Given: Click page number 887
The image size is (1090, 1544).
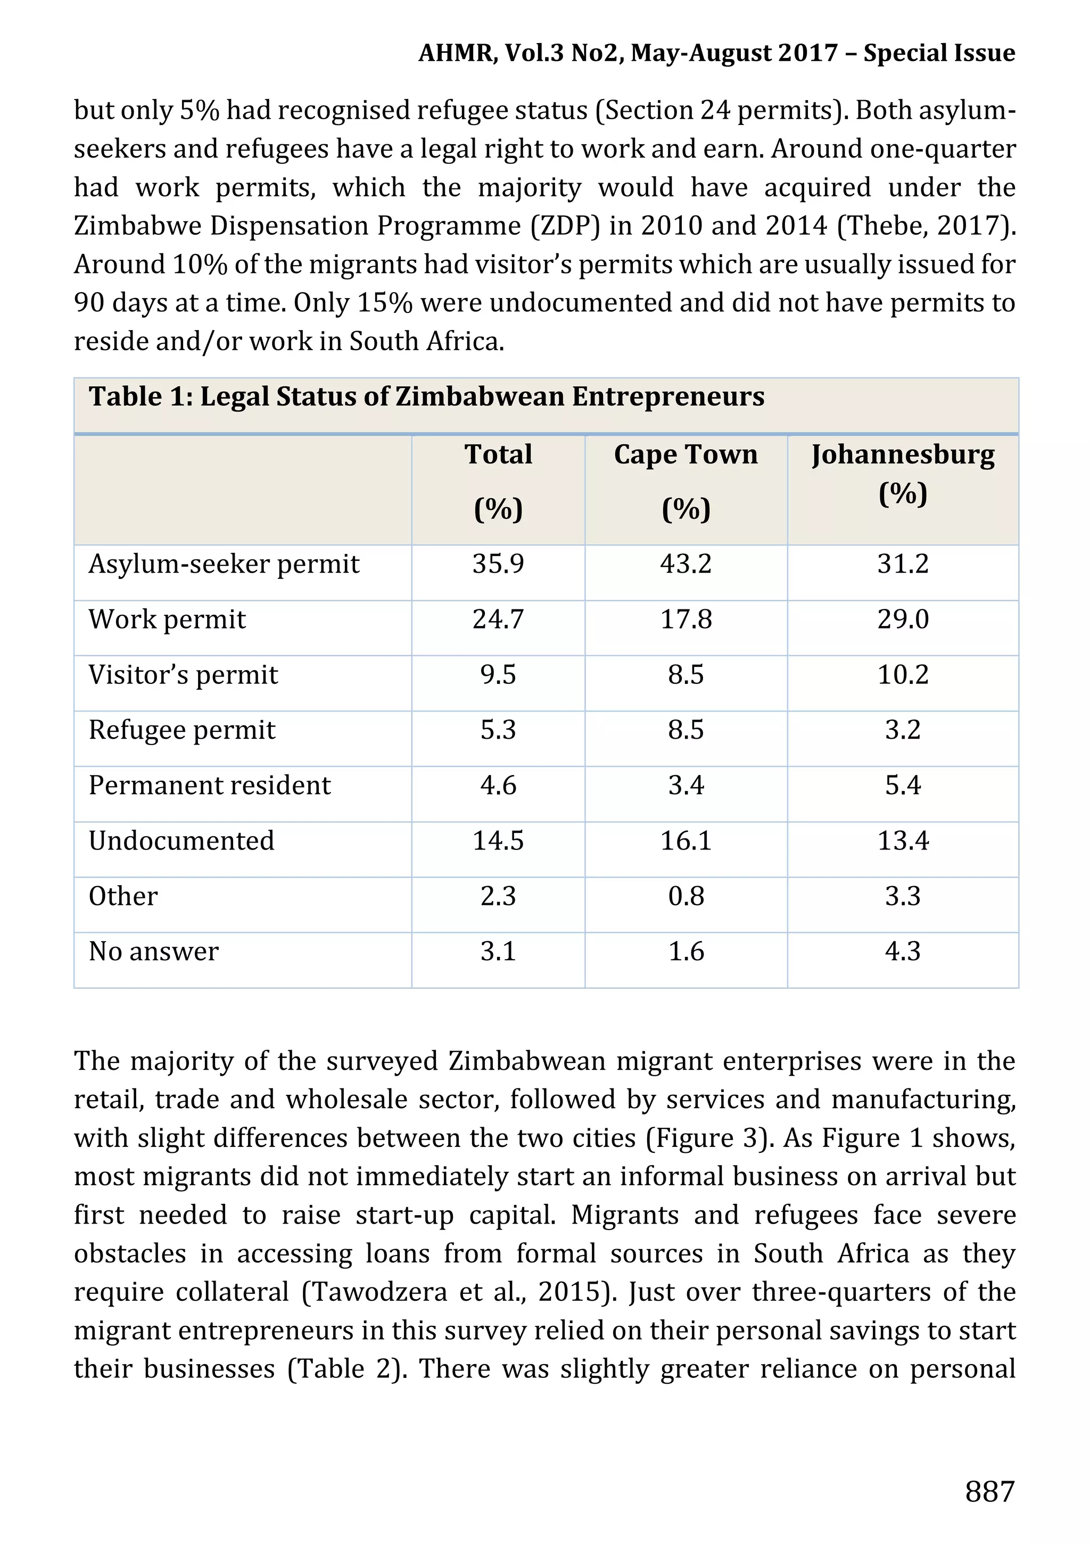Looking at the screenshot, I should click(989, 1491).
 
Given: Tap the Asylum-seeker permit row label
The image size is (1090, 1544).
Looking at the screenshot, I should click(224, 564).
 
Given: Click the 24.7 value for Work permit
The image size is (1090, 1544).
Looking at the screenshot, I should click(498, 618).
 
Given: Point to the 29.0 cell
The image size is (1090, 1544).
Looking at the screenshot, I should click(903, 618).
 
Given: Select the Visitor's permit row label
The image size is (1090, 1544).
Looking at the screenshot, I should click(183, 674).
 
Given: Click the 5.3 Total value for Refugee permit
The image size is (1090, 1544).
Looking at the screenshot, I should click(498, 730).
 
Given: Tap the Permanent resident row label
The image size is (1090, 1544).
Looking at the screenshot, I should click(209, 786).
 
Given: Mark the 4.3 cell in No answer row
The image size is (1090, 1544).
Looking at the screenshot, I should click(903, 952).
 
